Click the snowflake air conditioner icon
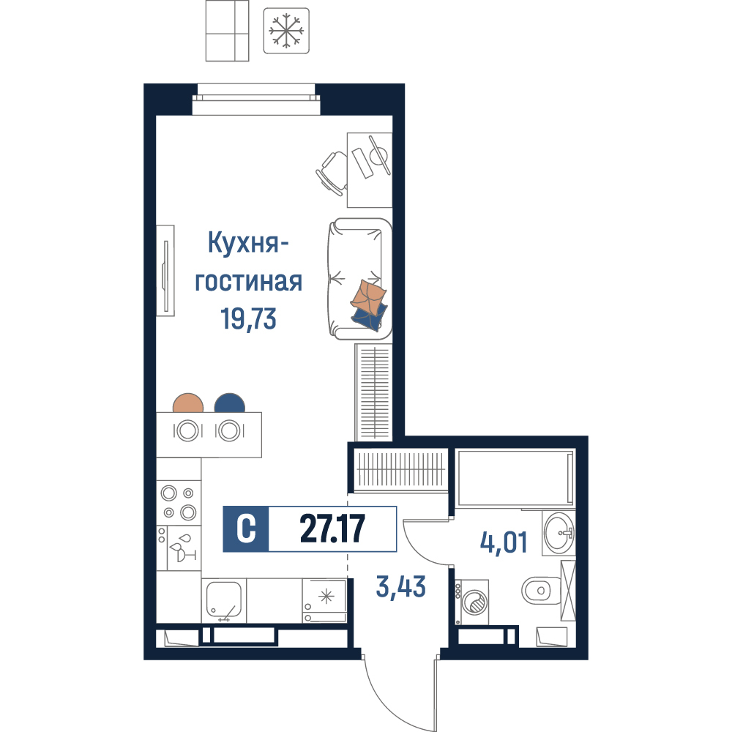286,31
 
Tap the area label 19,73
248,319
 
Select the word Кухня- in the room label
248,244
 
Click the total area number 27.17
332,529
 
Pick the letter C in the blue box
246,529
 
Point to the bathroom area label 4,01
504,542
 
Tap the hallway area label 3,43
401,587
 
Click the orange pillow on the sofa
369,297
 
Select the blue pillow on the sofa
370,318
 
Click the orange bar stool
188,403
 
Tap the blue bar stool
230,403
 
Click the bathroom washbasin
559,533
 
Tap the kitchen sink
224,601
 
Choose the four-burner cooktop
179,503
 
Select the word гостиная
248,282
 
